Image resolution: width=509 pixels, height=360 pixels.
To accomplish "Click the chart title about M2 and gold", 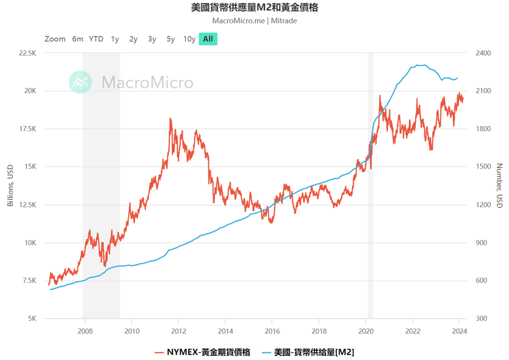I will click(255, 8).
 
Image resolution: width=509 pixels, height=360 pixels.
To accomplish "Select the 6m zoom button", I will click(78, 39).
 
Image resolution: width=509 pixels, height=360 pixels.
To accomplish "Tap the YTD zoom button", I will click(96, 39).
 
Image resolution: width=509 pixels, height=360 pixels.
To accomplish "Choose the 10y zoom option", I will click(189, 39).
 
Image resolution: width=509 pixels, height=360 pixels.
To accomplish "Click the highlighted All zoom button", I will click(208, 39).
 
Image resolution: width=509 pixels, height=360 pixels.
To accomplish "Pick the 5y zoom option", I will click(171, 39).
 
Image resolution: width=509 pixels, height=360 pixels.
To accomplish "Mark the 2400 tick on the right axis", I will click(483, 53).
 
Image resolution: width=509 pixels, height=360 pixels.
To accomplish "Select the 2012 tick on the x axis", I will click(179, 331).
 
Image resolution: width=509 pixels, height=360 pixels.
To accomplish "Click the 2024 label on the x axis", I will click(459, 331).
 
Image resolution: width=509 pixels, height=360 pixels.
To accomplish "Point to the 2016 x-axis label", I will click(272, 331).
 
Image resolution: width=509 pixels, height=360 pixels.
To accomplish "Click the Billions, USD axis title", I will click(10, 186).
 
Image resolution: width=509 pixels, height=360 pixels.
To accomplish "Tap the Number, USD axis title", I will click(499, 186).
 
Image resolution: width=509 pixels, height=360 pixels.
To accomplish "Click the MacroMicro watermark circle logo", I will click(80, 82).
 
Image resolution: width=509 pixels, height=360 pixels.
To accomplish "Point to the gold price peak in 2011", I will click(171, 119).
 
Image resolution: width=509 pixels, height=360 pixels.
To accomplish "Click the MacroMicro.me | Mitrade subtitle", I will click(255, 21).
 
